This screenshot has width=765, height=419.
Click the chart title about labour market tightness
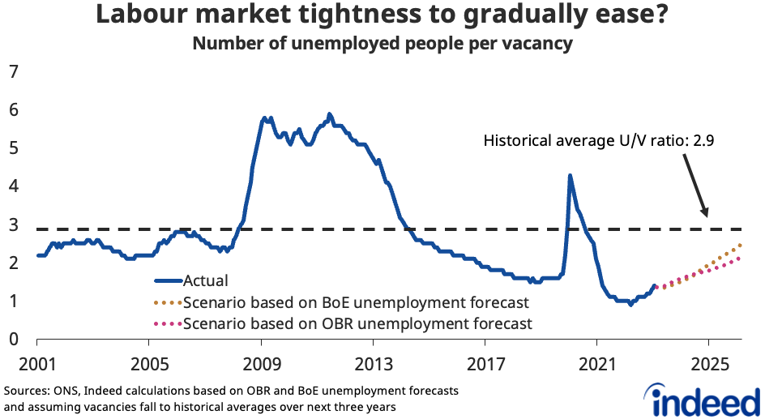382,15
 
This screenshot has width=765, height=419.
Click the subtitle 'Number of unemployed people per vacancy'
382,43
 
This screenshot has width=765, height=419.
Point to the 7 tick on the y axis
13,71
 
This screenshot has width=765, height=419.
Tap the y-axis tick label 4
13,186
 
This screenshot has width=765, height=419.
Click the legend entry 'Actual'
206,281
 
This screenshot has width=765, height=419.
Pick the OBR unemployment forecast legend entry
357,324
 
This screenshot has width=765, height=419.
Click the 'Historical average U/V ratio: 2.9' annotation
598,140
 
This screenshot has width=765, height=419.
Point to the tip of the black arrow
707,216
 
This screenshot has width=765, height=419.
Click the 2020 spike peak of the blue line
570,175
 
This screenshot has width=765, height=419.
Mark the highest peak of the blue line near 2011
329,114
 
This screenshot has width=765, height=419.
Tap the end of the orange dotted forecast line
741,245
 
